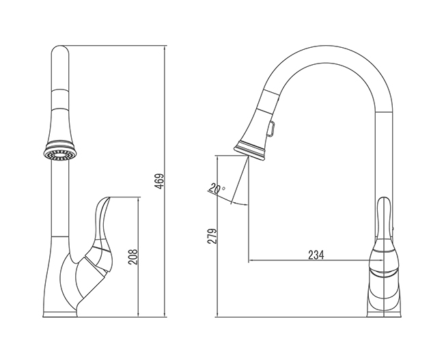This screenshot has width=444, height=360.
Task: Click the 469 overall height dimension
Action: click(x=160, y=181)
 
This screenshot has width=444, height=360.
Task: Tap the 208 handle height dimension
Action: click(x=133, y=257)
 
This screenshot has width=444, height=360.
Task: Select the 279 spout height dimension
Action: click(x=212, y=236)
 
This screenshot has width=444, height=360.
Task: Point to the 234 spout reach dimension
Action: click(x=316, y=255)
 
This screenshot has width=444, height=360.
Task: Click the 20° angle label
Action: click(x=217, y=188)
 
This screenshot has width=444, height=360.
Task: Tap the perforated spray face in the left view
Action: click(x=59, y=155)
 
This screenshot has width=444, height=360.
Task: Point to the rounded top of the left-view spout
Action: click(x=60, y=48)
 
